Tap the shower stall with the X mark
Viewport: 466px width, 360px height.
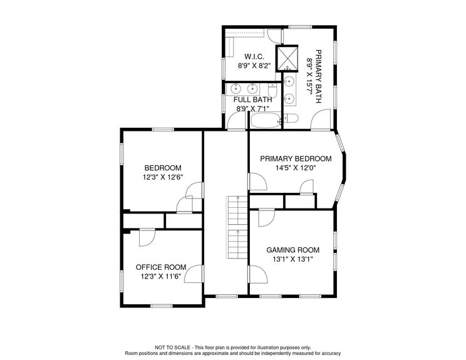click(289, 59)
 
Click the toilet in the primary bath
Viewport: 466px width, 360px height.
click(291, 119)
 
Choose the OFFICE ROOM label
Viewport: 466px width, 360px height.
click(161, 267)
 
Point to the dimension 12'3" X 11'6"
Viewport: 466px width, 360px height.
click(161, 276)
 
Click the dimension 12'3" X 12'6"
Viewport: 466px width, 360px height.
click(163, 177)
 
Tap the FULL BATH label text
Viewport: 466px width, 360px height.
click(252, 100)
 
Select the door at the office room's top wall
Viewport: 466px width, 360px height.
click(147, 237)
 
